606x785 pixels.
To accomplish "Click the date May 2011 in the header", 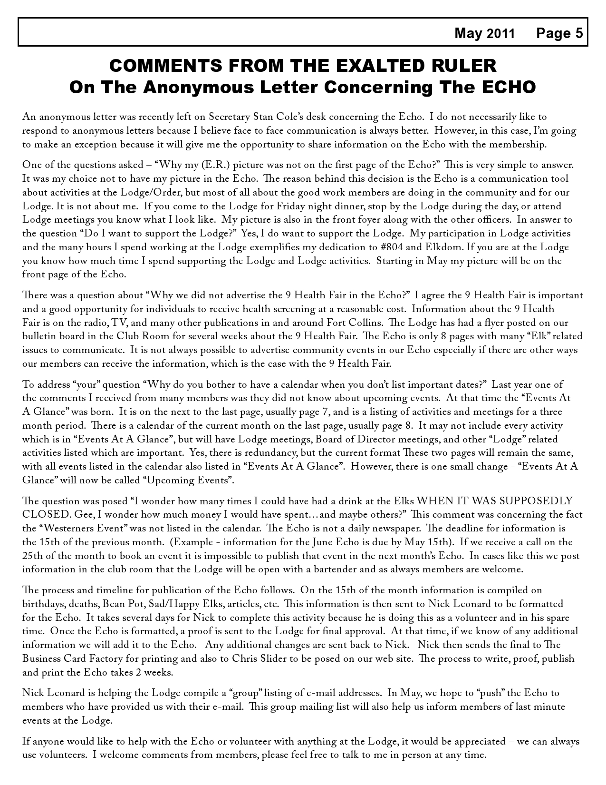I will tap(484, 33).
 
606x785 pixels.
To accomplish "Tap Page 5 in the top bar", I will tap(559, 33).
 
